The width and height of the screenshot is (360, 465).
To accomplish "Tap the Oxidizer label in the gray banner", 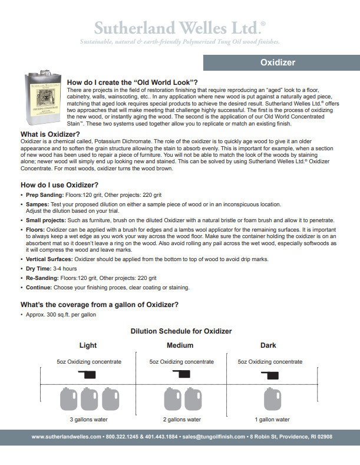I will [x=278, y=62].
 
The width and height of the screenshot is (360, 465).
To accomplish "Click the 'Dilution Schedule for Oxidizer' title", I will [x=181, y=331].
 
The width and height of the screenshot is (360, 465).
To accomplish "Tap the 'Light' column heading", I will [x=88, y=345].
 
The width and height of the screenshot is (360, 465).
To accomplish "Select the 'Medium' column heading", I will [x=180, y=345].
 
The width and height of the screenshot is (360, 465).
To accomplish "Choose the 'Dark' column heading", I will [x=268, y=345].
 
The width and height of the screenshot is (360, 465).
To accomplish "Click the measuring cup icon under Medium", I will [x=181, y=374].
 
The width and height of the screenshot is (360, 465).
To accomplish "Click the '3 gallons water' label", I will [x=88, y=420].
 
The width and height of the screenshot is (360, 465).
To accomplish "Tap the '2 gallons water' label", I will [x=181, y=420].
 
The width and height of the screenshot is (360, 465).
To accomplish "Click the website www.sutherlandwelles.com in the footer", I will [x=66, y=437].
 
